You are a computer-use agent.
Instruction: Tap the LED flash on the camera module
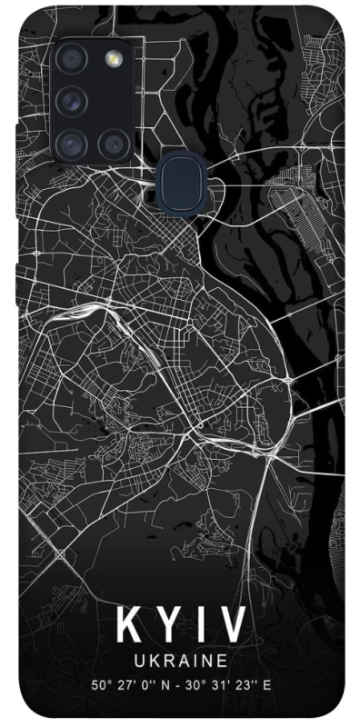pyautogui.click(x=114, y=59)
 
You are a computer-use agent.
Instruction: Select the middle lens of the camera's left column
pyautogui.click(x=71, y=101)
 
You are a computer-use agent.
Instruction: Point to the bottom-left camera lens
pyautogui.click(x=71, y=142)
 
